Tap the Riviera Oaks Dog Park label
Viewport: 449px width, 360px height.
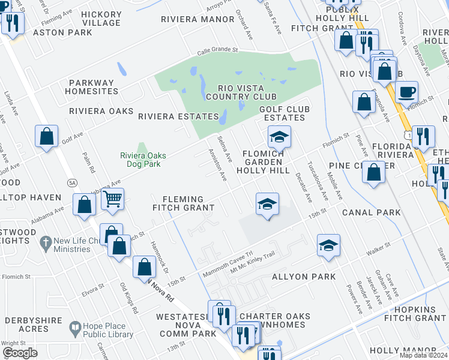[x=143, y=160]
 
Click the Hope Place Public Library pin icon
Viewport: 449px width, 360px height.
[x=75, y=328]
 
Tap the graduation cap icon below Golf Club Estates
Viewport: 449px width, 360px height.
[x=279, y=137]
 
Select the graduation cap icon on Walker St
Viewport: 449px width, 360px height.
[x=328, y=245]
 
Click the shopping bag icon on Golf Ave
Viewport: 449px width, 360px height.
[x=46, y=136]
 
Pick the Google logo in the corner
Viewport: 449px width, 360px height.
[x=20, y=353]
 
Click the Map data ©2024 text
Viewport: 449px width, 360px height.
[x=423, y=355]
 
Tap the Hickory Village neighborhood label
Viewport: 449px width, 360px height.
[x=101, y=19]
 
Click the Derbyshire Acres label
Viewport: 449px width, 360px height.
[x=25, y=325]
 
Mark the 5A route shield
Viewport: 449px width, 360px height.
[x=72, y=182]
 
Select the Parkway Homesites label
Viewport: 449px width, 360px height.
[x=93, y=87]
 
